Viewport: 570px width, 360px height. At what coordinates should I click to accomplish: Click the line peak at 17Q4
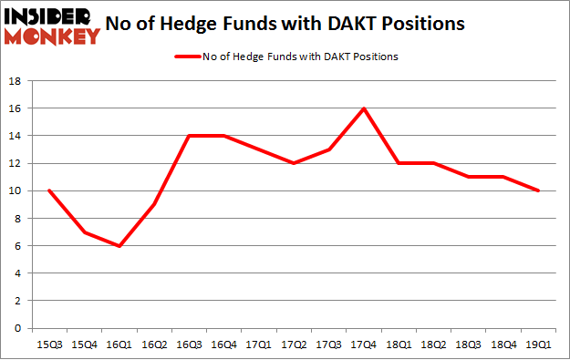click(364, 108)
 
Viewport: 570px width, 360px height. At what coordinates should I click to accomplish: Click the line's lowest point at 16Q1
click(119, 246)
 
